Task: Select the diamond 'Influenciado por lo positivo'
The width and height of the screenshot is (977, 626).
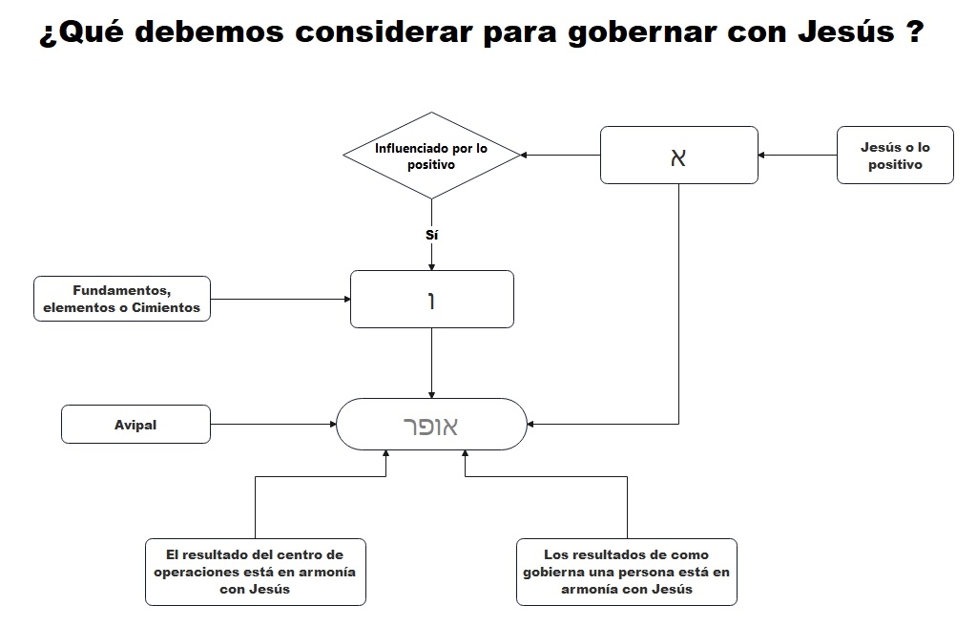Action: tap(431, 156)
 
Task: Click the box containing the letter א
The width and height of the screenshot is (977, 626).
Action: tap(678, 155)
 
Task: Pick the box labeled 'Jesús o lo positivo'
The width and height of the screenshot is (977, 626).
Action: tap(895, 156)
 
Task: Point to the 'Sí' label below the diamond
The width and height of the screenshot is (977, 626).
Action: tap(432, 233)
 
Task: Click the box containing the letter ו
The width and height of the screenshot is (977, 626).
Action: tap(431, 299)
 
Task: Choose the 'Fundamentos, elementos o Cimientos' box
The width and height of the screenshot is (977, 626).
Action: tap(122, 299)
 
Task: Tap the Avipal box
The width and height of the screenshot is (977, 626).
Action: tap(135, 425)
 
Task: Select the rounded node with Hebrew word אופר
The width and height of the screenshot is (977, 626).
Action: tap(431, 425)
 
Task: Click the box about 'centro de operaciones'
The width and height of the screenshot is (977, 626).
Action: tap(255, 572)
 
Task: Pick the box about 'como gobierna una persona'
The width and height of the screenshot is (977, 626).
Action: tap(626, 572)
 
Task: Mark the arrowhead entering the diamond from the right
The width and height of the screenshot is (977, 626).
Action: tap(524, 155)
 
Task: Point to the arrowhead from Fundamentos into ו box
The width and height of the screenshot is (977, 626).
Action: tap(346, 299)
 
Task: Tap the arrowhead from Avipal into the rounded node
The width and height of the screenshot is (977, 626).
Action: tap(332, 425)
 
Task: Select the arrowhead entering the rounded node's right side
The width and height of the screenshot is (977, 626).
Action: tap(531, 424)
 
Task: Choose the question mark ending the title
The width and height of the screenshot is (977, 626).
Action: tap(912, 32)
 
